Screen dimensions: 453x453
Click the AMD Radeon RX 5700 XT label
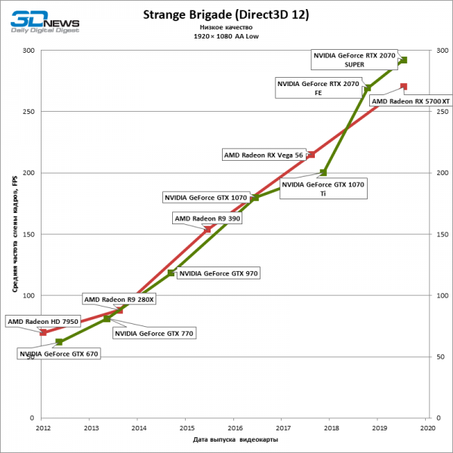click(x=411, y=100)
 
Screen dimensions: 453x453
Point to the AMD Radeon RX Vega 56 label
click(x=263, y=155)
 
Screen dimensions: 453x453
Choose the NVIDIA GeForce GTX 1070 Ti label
click(x=323, y=188)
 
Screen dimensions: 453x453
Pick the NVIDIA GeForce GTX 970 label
click(x=217, y=274)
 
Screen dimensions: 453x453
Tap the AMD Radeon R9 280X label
click(x=119, y=299)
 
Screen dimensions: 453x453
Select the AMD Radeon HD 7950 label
click(x=43, y=322)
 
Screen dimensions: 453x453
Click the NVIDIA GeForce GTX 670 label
click(x=59, y=353)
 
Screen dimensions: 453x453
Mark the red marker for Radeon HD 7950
click(x=43, y=332)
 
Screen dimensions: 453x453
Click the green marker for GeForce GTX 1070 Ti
click(x=324, y=173)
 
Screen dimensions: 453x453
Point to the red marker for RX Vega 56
click(x=311, y=155)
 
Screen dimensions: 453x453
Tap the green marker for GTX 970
click(x=171, y=273)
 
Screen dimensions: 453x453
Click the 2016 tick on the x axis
click(x=235, y=427)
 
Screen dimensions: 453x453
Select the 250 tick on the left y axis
click(x=29, y=112)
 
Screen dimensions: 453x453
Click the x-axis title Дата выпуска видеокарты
click(x=235, y=439)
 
